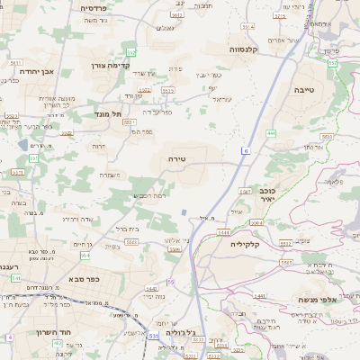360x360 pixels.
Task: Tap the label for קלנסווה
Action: point(244,49)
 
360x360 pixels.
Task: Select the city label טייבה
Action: point(303,90)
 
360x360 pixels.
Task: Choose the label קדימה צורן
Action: point(112,65)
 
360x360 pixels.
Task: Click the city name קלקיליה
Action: point(244,244)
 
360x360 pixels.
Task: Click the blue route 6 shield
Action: point(244,152)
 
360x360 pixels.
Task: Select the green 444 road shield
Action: point(271,133)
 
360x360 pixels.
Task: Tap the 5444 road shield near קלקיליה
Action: point(221,231)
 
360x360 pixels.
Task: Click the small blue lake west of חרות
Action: point(22,144)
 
